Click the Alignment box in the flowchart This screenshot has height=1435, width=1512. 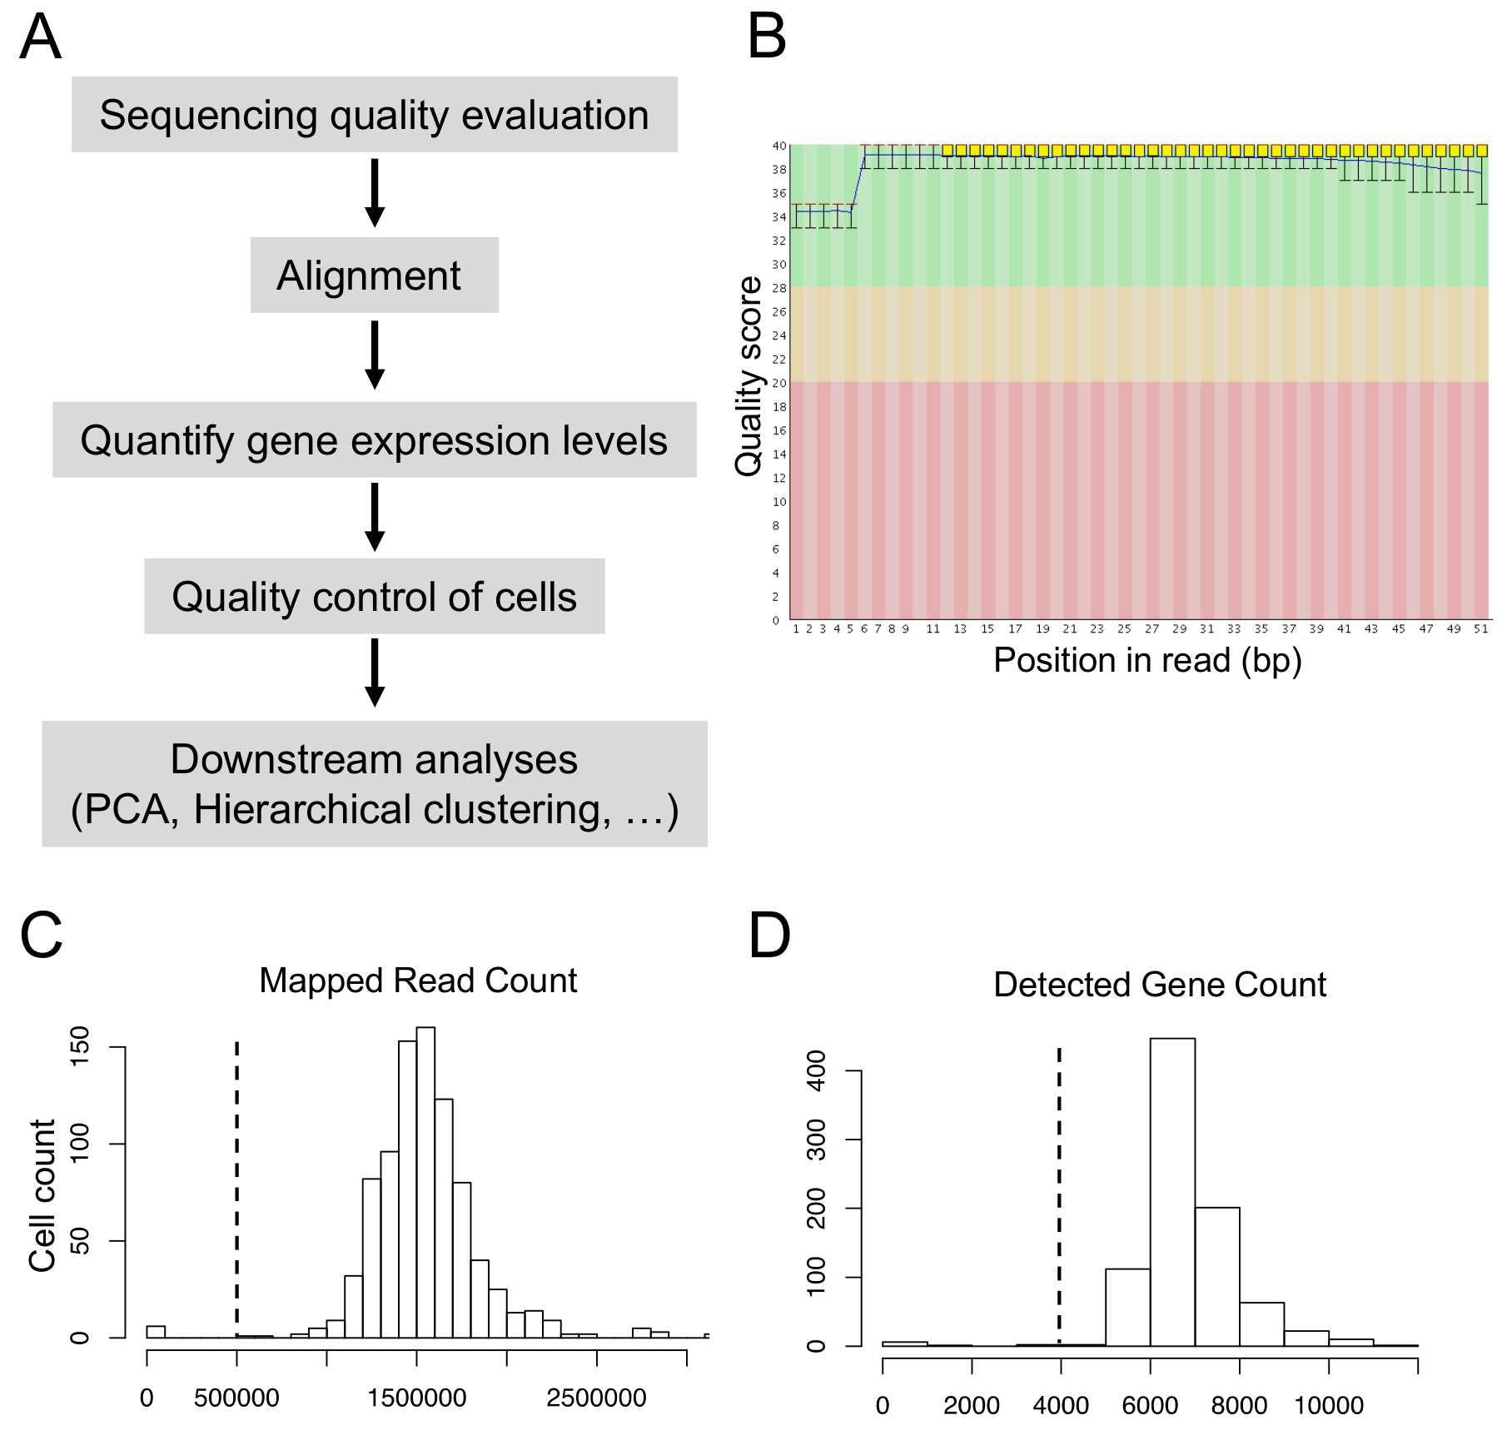point(374,276)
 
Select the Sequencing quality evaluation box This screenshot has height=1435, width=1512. point(374,115)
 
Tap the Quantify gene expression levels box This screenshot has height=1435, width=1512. point(374,440)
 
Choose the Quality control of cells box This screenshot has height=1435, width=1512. point(374,596)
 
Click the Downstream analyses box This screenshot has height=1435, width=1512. point(374,784)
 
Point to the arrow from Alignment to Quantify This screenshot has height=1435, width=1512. point(375,355)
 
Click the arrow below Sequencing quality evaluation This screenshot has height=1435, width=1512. point(375,192)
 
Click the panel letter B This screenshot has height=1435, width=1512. point(766,37)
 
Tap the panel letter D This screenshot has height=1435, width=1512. point(768,936)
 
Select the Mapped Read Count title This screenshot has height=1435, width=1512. point(418,981)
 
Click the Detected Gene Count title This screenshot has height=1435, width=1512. point(1159,985)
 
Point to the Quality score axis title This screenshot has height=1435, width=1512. point(749,376)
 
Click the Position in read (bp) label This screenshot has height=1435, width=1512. point(1147,660)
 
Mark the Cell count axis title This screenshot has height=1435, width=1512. point(42,1195)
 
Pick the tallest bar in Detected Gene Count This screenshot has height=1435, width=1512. point(1172,1190)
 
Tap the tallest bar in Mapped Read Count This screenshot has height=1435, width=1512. point(425,1182)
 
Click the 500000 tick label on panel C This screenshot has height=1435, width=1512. point(236,1398)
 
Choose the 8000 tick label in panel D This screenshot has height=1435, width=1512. point(1239,1406)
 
